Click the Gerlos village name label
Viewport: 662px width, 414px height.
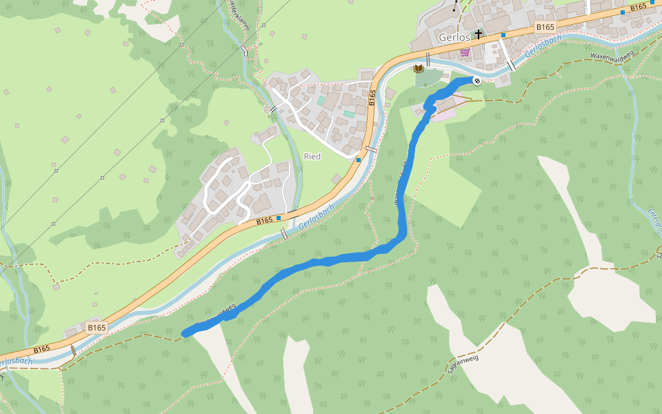(454, 37)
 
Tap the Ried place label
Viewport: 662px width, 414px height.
(312, 157)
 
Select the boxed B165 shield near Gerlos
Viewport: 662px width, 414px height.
(545, 27)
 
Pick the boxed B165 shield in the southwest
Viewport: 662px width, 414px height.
(97, 327)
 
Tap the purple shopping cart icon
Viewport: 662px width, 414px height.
(465, 52)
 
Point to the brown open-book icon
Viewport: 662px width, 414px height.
(418, 68)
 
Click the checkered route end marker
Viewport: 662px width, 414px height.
(477, 81)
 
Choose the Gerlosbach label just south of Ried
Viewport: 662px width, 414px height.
(318, 217)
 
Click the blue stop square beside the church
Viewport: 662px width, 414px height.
(503, 34)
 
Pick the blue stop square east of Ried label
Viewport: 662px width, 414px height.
(359, 160)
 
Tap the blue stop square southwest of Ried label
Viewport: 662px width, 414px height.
(279, 218)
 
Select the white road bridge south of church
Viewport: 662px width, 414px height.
(511, 66)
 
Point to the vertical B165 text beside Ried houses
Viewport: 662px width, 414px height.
(372, 97)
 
